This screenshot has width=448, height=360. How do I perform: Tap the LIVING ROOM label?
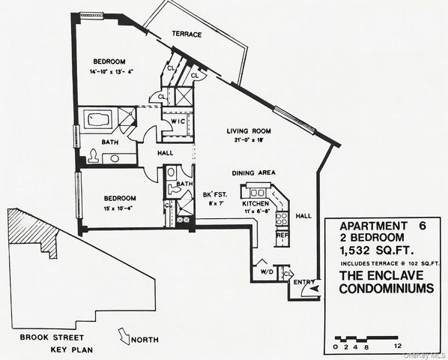(249, 131)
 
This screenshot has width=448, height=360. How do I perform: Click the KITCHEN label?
(255, 203)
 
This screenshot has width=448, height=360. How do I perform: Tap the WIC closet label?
(178, 121)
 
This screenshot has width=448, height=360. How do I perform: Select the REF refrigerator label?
(282, 235)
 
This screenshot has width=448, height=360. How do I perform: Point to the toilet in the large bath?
(93, 156)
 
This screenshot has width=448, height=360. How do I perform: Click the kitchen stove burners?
(282, 218)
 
